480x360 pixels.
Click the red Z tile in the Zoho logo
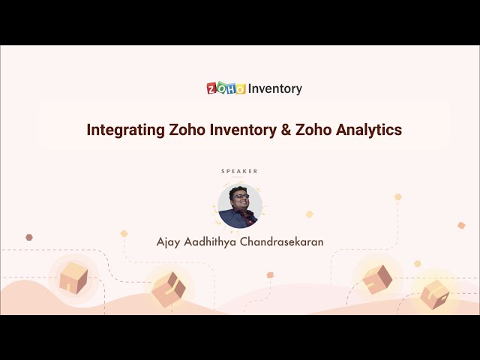click(212, 88)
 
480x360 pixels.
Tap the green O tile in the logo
click(221, 88)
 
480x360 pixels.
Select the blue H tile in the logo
click(231, 88)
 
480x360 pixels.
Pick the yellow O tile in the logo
click(240, 89)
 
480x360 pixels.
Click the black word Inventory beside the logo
click(275, 88)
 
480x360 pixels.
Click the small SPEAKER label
click(240, 171)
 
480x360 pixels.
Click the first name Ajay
click(169, 242)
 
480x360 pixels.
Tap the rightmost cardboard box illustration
click(435, 293)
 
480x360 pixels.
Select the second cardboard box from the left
click(169, 288)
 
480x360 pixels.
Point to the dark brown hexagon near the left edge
click(29, 237)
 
